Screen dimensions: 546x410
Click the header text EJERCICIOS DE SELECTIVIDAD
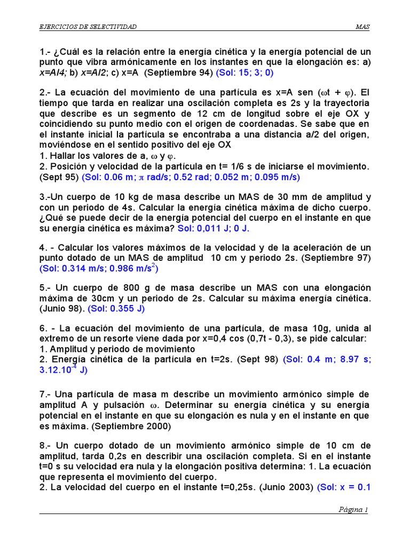(x=88, y=27)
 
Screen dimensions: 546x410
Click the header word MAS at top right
(x=363, y=27)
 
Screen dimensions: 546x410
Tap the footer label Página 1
(x=353, y=509)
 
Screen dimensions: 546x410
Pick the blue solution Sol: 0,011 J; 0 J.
(x=214, y=228)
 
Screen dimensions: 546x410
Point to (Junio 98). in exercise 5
(x=62, y=308)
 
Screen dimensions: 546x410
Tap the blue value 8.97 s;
(x=348, y=359)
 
